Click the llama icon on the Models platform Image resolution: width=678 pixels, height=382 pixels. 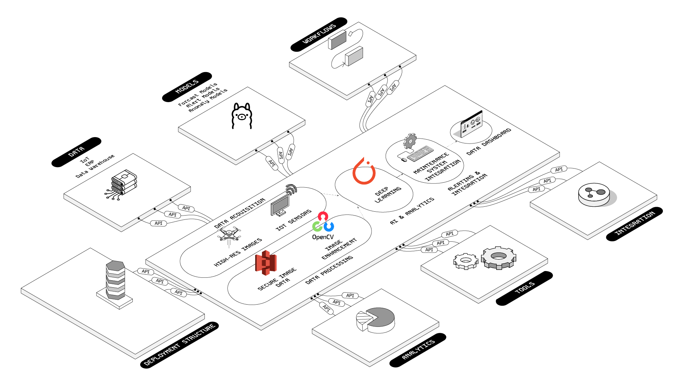pos(242,116)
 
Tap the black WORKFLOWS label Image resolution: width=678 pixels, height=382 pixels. pos(319,34)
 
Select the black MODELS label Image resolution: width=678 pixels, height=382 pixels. pos(187,87)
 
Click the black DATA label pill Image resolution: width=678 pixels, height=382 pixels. pos(76,152)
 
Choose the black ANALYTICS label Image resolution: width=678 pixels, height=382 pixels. pos(418,350)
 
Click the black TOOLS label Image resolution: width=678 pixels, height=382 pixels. pos(524,288)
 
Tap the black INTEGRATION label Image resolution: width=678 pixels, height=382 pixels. pos(635,224)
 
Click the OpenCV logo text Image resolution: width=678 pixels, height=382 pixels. pos(323,237)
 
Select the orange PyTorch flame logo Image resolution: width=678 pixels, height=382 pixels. pos(364,171)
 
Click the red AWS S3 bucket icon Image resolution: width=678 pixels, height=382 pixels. pos(266,263)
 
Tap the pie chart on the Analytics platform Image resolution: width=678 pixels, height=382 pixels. pos(375,320)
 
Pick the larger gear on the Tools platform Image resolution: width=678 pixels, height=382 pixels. pos(498,258)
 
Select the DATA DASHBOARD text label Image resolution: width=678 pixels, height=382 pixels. pos(489,142)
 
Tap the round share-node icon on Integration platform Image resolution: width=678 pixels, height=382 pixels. pos(594,195)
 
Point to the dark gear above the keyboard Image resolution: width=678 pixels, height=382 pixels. pos(410,141)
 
